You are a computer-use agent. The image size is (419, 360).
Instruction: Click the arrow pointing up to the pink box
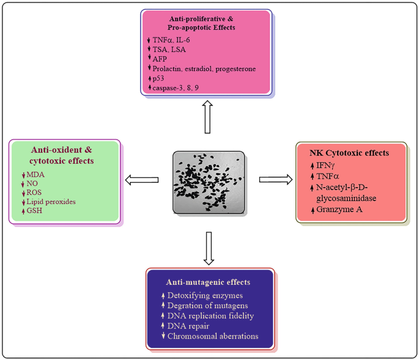point(207,117)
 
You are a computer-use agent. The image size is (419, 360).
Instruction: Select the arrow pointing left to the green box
point(142,180)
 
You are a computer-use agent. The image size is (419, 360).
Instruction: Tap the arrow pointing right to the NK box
point(276,180)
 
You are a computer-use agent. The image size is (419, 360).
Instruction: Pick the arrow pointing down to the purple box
point(209,248)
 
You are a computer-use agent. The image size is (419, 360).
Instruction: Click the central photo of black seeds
point(209,182)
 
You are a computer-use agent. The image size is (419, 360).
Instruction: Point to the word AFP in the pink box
point(160,59)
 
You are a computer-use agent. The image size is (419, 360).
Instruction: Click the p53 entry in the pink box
point(158,78)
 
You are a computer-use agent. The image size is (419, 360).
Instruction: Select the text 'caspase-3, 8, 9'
point(176,88)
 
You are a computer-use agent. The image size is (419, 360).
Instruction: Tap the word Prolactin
point(167,68)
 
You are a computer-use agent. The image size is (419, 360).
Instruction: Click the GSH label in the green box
point(34,210)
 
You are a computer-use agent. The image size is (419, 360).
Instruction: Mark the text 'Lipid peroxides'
point(51,202)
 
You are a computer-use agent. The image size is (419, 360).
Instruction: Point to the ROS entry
point(34,193)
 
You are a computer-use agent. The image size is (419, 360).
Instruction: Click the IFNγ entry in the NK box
point(325,166)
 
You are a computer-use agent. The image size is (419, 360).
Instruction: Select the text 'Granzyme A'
point(339,209)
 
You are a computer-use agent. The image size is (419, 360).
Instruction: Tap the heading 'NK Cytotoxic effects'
point(349,153)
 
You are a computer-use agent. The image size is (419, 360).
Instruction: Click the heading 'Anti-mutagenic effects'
point(208,282)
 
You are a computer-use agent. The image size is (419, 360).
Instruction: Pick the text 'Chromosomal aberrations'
point(213,336)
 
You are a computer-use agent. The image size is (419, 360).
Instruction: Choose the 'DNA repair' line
point(188,326)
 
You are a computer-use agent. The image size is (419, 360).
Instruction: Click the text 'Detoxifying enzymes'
point(206,296)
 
